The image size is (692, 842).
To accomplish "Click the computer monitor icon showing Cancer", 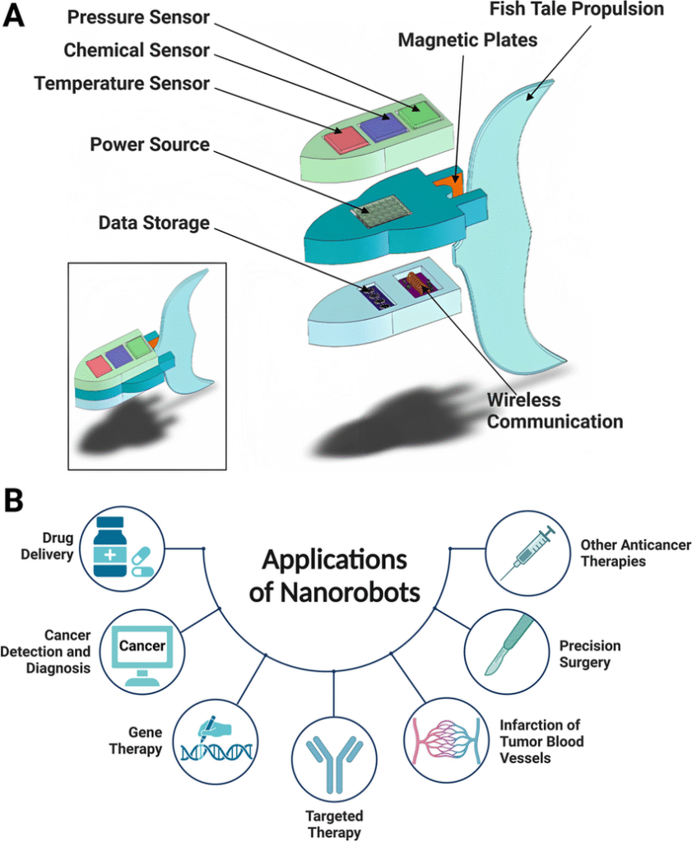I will pos(142,650).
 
